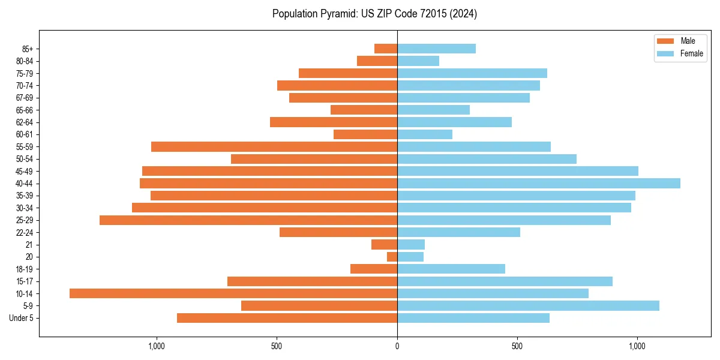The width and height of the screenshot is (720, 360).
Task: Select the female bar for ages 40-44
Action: click(538, 183)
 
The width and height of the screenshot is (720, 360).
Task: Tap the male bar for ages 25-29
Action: click(248, 220)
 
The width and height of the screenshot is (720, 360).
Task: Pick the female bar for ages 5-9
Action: click(528, 305)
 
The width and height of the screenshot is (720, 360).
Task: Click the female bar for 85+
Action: click(436, 49)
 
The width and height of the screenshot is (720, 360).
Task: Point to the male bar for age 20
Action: click(392, 257)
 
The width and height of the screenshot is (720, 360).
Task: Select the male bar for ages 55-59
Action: click(274, 146)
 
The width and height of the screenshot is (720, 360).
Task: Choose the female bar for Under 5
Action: click(473, 318)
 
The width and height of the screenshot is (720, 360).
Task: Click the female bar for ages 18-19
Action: click(451, 269)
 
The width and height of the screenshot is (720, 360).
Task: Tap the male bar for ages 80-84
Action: click(377, 61)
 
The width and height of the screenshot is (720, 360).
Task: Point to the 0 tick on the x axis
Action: click(397, 346)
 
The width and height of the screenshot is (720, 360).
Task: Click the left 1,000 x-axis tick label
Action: click(156, 346)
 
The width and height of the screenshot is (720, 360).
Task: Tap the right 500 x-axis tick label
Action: click(517, 346)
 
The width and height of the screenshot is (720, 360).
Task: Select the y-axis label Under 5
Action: click(21, 318)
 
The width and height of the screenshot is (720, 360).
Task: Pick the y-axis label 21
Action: click(29, 245)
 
